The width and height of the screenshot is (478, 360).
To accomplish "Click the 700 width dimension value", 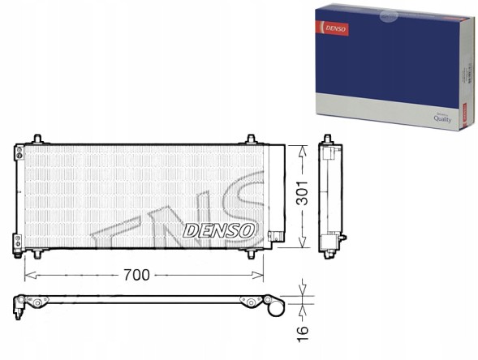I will click(x=143, y=275).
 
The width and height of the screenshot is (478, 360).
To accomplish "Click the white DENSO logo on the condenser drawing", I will click(x=221, y=230).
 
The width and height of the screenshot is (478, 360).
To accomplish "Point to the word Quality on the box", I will click(x=441, y=118).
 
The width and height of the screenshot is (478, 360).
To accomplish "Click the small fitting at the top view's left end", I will click(x=19, y=304).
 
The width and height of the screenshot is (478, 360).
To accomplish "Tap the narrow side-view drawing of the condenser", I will click(x=330, y=195).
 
